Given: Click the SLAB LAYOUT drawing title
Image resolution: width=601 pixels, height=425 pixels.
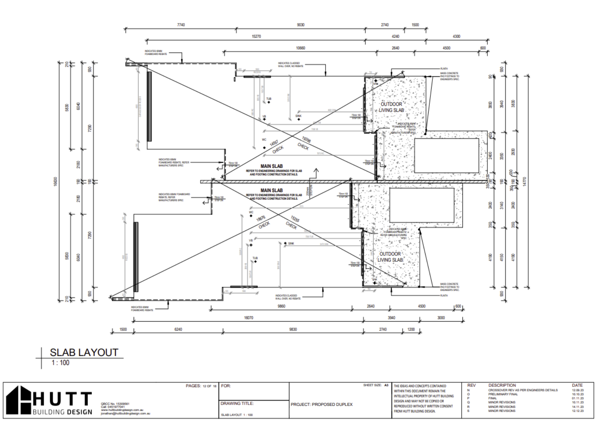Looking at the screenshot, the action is tap(84, 352).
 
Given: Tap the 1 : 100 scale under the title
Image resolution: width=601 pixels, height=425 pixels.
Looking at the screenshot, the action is tap(60, 363).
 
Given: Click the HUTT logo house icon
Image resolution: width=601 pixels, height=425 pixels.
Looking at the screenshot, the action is tap(19, 400).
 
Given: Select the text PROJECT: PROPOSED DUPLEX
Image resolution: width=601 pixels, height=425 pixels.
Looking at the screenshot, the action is tap(321, 404).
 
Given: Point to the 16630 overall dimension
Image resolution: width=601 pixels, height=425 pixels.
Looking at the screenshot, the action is tap(55, 182).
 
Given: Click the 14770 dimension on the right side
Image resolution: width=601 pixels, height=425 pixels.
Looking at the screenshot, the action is tap(525, 182).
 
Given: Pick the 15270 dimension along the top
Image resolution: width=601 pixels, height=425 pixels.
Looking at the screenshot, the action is tap(256, 36).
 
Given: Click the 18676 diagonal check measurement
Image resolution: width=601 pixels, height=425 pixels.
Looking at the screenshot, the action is tap(261, 219).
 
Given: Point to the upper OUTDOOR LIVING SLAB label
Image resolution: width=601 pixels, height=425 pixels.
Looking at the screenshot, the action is tap(391, 107).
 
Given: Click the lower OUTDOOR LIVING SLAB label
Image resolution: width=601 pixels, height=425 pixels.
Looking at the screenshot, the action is tap(390, 257).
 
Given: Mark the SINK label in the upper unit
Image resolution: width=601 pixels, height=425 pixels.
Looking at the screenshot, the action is tap(298, 116).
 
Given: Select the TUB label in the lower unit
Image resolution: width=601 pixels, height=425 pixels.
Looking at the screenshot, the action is tap(255, 258).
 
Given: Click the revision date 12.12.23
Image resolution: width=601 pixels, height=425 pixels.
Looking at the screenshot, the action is tap(578, 411).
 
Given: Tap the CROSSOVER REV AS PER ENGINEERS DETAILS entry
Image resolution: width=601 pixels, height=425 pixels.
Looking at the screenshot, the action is tap(523, 390).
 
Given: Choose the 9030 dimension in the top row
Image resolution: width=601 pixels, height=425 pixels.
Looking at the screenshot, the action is tap(300, 25).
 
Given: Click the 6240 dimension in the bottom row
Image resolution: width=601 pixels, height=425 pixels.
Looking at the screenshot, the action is tap(178, 329).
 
